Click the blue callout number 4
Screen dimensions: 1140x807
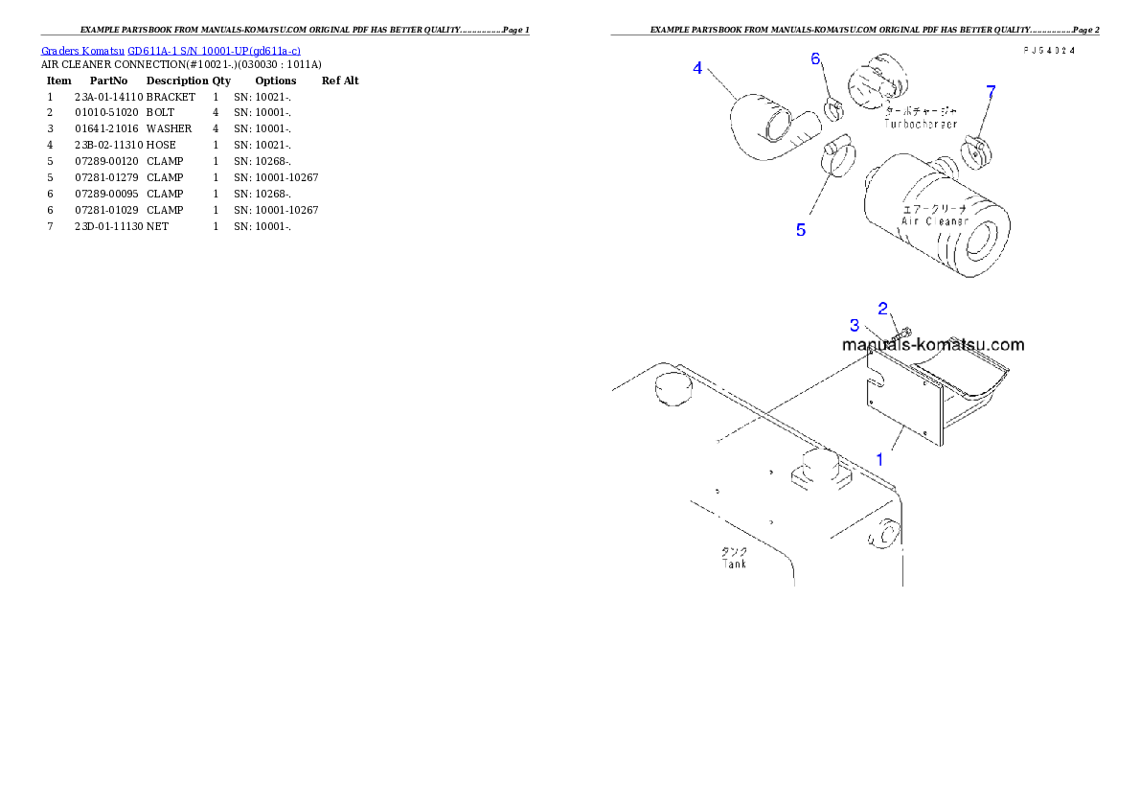[x=698, y=68]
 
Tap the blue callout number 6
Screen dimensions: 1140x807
[x=816, y=59]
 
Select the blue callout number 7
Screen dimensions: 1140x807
[x=991, y=92]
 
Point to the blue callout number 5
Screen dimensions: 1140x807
[x=801, y=230]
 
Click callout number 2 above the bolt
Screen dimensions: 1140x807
[x=883, y=308]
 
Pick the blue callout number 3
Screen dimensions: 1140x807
[x=855, y=326]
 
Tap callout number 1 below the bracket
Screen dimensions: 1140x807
[x=879, y=459]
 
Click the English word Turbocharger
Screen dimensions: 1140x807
[x=920, y=125]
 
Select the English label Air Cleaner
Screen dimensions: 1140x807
[x=934, y=221]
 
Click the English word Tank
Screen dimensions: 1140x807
[x=735, y=564]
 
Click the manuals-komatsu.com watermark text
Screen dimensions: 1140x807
[x=933, y=345]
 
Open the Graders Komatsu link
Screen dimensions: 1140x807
[x=84, y=50]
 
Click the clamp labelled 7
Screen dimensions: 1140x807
[x=974, y=150]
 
